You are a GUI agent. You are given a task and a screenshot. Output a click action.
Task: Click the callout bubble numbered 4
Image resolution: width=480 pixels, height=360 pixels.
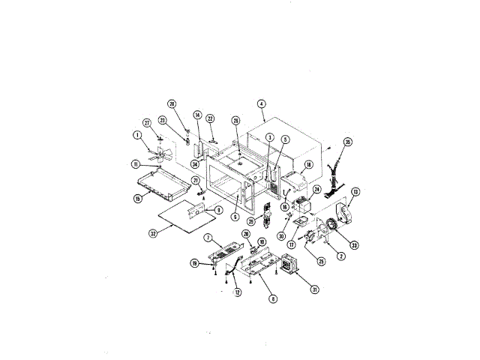point(260,103)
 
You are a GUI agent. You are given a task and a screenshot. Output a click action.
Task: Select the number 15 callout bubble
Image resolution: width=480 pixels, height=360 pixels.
point(139,199)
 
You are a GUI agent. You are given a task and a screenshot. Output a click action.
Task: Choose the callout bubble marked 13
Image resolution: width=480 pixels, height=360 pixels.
point(355,191)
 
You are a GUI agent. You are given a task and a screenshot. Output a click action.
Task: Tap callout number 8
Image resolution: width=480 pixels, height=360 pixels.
point(273,298)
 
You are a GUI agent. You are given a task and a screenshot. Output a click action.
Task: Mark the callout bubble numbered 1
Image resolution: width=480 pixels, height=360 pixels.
point(138,136)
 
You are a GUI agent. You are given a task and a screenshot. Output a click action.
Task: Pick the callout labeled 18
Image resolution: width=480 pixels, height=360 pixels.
point(308,164)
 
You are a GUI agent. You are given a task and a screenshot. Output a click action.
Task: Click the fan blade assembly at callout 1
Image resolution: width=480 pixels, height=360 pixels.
point(158,154)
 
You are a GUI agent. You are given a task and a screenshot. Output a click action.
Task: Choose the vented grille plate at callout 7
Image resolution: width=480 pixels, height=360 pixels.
point(225,252)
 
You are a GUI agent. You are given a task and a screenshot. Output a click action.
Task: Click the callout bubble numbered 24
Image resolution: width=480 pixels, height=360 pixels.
point(316,190)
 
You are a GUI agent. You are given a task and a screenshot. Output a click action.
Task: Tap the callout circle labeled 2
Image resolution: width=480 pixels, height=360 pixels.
point(341,256)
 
